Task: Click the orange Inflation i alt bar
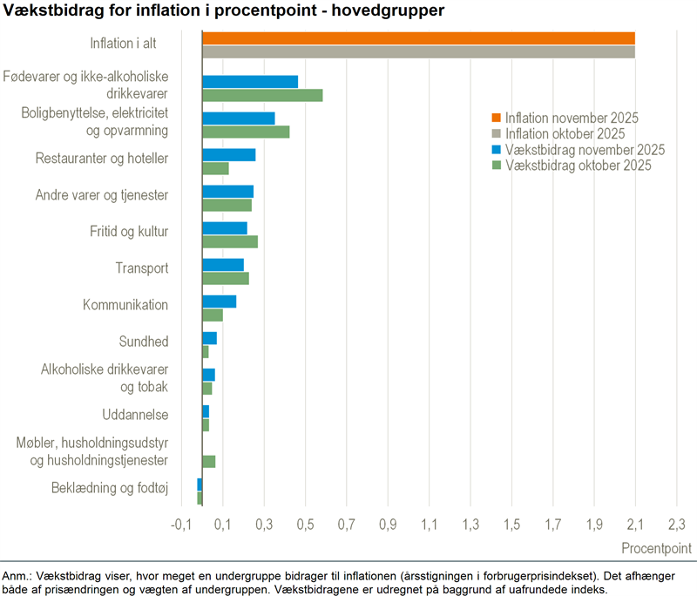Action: [x=418, y=37]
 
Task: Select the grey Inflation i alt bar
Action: [x=418, y=51]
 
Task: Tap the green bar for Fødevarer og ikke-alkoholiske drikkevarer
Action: [x=262, y=95]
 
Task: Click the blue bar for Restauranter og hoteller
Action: [x=228, y=155]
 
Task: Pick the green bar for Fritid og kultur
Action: [x=230, y=241]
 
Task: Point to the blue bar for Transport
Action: [x=223, y=265]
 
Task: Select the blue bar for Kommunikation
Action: [x=219, y=301]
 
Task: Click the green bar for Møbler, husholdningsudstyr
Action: [x=208, y=461]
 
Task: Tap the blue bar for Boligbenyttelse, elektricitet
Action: [x=238, y=119]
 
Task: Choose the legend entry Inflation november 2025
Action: [x=572, y=119]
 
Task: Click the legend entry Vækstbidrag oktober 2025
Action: [x=578, y=166]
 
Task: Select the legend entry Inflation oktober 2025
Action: [x=565, y=134]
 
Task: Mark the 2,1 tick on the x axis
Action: [x=635, y=524]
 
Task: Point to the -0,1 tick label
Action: [x=180, y=524]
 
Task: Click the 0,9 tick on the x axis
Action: [x=388, y=524]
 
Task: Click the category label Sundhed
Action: [x=144, y=341]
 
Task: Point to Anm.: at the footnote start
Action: [x=17, y=576]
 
